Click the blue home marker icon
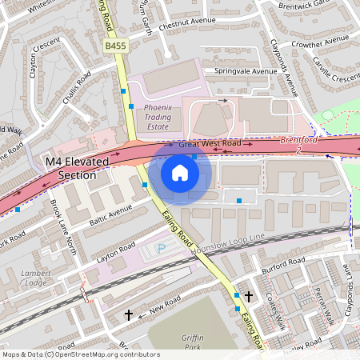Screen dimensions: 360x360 click(x=180, y=172)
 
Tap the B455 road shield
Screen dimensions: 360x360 click(x=114, y=48)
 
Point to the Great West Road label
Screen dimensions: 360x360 click(x=210, y=144)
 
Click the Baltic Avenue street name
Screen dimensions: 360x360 click(x=109, y=214)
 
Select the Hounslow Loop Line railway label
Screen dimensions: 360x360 click(x=227, y=245)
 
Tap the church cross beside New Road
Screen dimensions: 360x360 click(x=128, y=315)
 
